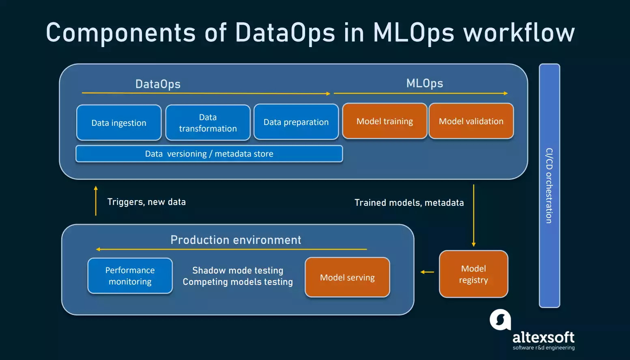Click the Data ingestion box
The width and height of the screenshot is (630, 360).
119,123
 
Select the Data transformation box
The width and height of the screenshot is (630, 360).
208,123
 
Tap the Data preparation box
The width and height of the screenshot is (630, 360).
296,122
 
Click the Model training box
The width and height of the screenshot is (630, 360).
385,121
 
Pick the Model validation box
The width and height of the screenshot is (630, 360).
471,121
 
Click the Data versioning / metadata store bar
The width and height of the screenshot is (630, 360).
209,154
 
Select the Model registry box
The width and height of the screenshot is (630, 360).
473,274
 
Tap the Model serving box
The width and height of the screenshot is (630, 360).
347,277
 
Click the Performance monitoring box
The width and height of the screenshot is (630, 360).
130,276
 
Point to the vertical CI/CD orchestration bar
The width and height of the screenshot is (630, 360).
549,185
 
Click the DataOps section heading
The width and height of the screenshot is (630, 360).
158,84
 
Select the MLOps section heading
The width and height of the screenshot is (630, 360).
424,83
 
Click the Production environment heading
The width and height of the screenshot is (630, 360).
236,240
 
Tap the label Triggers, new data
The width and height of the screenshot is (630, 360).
146,202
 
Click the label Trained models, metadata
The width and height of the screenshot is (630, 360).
409,203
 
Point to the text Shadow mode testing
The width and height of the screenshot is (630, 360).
238,270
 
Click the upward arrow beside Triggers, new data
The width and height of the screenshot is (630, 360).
96,200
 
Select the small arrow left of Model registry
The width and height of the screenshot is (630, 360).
427,272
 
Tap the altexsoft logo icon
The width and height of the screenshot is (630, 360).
500,320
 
